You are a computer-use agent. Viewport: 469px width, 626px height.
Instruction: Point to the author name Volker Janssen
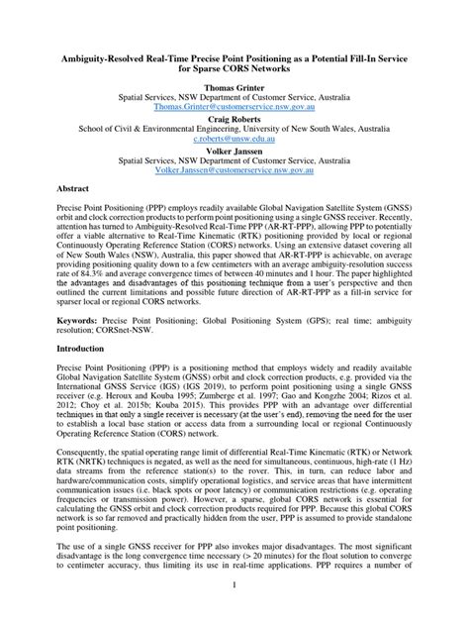pos(234,150)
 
